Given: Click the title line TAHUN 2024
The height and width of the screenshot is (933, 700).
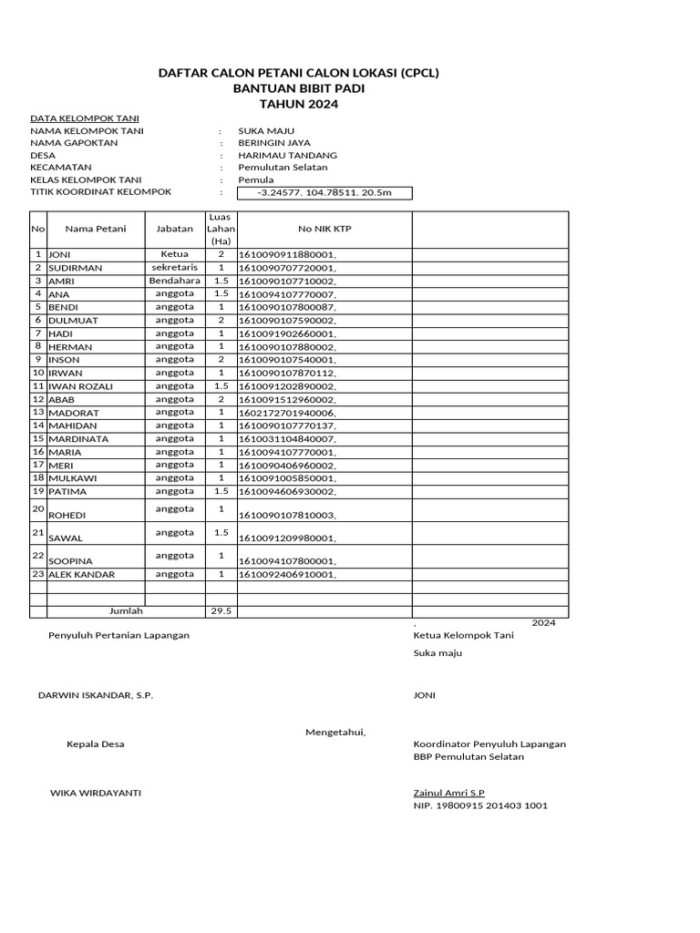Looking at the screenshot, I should pyautogui.click(x=299, y=105).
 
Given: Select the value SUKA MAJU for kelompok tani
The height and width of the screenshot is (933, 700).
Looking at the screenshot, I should pyautogui.click(x=265, y=130).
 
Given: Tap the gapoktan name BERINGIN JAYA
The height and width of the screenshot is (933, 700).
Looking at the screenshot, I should pyautogui.click(x=273, y=143).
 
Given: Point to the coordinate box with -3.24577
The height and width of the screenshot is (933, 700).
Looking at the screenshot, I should pyautogui.click(x=324, y=193).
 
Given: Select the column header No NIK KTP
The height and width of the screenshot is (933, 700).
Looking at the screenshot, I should pyautogui.click(x=324, y=229).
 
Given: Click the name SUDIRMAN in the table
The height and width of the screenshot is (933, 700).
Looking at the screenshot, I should pyautogui.click(x=75, y=268).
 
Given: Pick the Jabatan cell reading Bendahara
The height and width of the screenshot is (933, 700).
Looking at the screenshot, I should pyautogui.click(x=174, y=282).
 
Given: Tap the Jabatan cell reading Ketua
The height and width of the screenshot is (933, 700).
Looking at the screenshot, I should pyautogui.click(x=174, y=254).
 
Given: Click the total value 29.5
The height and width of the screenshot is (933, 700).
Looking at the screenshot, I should pyautogui.click(x=221, y=611).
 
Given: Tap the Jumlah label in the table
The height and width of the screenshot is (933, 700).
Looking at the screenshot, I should pyautogui.click(x=126, y=611).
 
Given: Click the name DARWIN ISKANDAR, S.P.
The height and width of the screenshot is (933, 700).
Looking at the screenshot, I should pyautogui.click(x=96, y=695).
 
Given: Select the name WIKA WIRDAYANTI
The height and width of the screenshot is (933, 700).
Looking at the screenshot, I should pyautogui.click(x=95, y=793).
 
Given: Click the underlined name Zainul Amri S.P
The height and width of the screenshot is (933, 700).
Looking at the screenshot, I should pyautogui.click(x=449, y=794).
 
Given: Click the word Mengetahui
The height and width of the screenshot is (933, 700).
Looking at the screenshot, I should pyautogui.click(x=335, y=732).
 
